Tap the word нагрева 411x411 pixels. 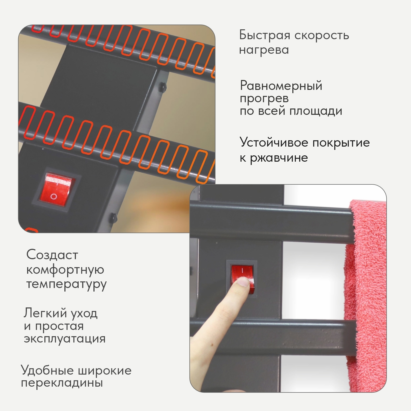[264, 50]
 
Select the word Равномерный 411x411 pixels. [281, 86]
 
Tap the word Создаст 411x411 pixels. [52, 255]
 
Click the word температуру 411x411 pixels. [66, 284]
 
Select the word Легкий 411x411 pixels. [45, 313]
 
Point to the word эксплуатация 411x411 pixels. [65, 339]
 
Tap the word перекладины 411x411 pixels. [62, 383]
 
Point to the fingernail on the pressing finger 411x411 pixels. [243, 282]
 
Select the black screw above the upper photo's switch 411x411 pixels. [163, 87]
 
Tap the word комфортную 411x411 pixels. [65, 270]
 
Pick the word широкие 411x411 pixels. [105, 370]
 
